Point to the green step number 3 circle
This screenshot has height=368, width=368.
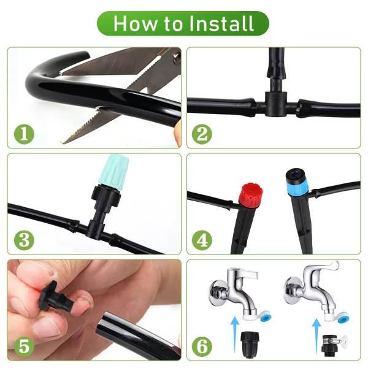point(23,240)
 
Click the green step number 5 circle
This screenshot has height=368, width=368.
point(23,345)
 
